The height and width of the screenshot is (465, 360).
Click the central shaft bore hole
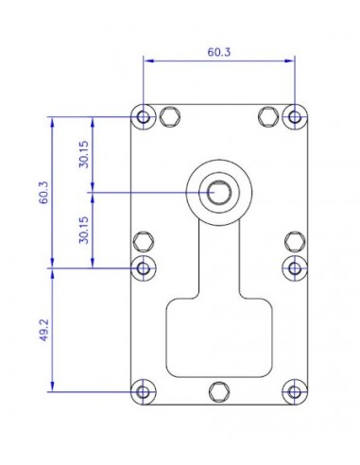point(219,192)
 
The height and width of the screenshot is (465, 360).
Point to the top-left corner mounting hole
point(144,117)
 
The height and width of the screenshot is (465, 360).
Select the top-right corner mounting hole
point(295,117)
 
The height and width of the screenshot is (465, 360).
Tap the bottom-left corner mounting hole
point(144,390)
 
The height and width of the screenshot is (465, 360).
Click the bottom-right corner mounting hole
point(295,390)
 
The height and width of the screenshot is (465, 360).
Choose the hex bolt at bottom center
point(219,390)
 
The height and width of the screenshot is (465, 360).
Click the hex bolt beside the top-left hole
point(170,116)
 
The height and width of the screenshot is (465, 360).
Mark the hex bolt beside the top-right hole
point(268,116)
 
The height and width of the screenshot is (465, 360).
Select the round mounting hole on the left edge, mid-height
point(144,267)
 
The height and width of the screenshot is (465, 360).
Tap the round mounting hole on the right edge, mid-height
point(295,267)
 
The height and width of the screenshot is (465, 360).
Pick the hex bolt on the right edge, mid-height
point(294,240)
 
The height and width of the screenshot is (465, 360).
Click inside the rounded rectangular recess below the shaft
point(219,336)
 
